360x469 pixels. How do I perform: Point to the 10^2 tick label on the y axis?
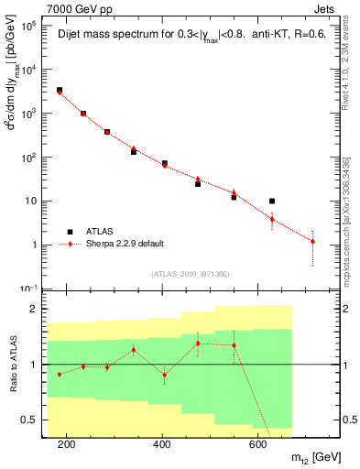pyautogui.click(x=27, y=158)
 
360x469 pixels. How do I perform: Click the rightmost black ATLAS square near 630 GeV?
pyautogui.click(x=272, y=201)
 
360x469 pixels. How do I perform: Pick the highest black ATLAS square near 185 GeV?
pyautogui.click(x=60, y=91)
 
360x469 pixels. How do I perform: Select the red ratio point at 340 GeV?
pyautogui.click(x=134, y=350)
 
